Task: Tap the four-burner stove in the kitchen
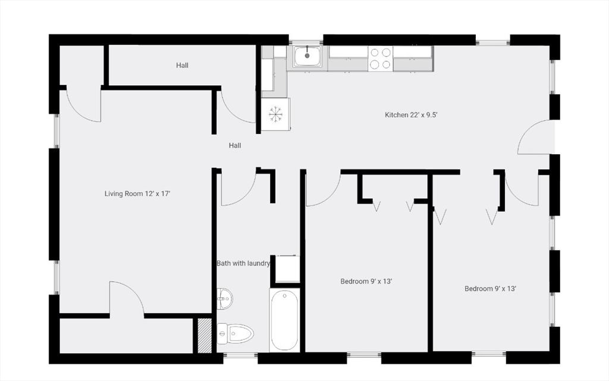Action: coord(380,58)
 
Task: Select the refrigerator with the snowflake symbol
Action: coord(276,114)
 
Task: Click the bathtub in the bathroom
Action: coord(284,320)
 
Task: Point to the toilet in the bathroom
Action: coord(235,333)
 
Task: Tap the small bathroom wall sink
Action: coord(224,299)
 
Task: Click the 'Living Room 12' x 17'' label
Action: coord(137,193)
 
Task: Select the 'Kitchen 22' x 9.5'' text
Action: coord(412,115)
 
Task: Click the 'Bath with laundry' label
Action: coord(243,263)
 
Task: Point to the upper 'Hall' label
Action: coord(182,65)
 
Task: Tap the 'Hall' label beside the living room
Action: coord(235,145)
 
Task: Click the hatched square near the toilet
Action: coord(205,336)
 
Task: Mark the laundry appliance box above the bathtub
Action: coord(287,268)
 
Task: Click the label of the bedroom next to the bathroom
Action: coord(366,282)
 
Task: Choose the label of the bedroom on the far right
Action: coord(490,289)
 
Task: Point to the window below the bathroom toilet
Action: coord(240,355)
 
